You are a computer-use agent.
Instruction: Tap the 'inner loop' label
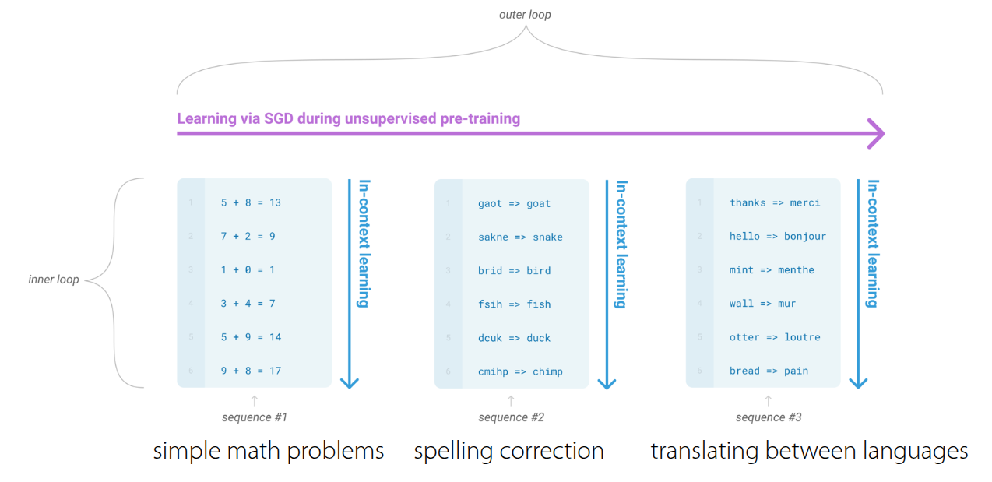point(54,280)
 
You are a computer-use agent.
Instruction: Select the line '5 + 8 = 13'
point(251,202)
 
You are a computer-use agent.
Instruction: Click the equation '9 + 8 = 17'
point(251,371)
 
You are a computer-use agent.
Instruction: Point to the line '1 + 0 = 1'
point(248,269)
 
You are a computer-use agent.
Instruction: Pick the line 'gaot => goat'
point(514,203)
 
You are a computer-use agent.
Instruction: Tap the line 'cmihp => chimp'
point(520,371)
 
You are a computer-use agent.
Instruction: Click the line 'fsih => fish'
point(514,304)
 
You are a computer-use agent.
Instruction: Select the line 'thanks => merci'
point(775,202)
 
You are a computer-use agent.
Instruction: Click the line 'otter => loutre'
point(775,337)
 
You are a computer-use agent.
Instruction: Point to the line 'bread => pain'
point(769,371)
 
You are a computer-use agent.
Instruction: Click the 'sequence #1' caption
point(254,417)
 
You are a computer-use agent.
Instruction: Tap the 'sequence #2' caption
point(511,417)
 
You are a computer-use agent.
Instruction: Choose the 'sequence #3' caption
point(768,417)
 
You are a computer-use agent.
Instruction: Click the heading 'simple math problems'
point(269,451)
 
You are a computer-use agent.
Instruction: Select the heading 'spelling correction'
point(508,451)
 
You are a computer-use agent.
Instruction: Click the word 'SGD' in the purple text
point(293,119)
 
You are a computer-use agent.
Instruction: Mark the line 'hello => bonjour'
point(778,236)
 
